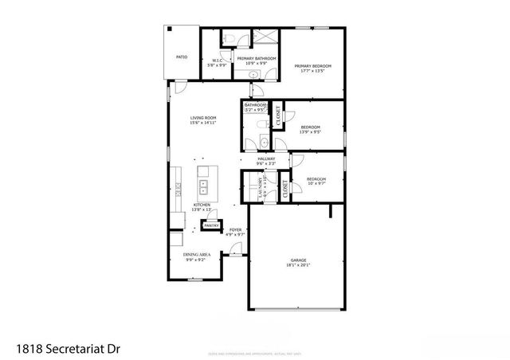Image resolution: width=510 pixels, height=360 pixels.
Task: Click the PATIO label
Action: (182, 57)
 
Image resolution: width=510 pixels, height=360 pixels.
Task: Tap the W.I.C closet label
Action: (217, 61)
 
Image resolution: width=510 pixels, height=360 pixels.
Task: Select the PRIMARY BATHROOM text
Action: (257, 58)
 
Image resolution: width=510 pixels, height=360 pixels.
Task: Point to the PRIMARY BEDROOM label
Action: (312, 66)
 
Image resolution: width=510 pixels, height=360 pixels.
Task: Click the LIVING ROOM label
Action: (203, 118)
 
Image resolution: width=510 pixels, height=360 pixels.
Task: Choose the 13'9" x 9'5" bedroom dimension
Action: (311, 133)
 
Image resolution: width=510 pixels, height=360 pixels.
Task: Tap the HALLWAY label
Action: (266, 159)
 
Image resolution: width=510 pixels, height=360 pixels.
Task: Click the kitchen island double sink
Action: (203, 187)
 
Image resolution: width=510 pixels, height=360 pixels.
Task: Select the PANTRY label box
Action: (211, 226)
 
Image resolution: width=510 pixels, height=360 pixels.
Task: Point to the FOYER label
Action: (236, 229)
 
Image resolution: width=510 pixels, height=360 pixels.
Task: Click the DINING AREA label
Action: (196, 256)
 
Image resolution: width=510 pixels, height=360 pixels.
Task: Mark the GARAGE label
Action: (298, 260)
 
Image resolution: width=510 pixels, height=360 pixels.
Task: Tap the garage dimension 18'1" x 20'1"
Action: (298, 265)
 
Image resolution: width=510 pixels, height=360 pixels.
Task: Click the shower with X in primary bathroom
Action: (265, 38)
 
